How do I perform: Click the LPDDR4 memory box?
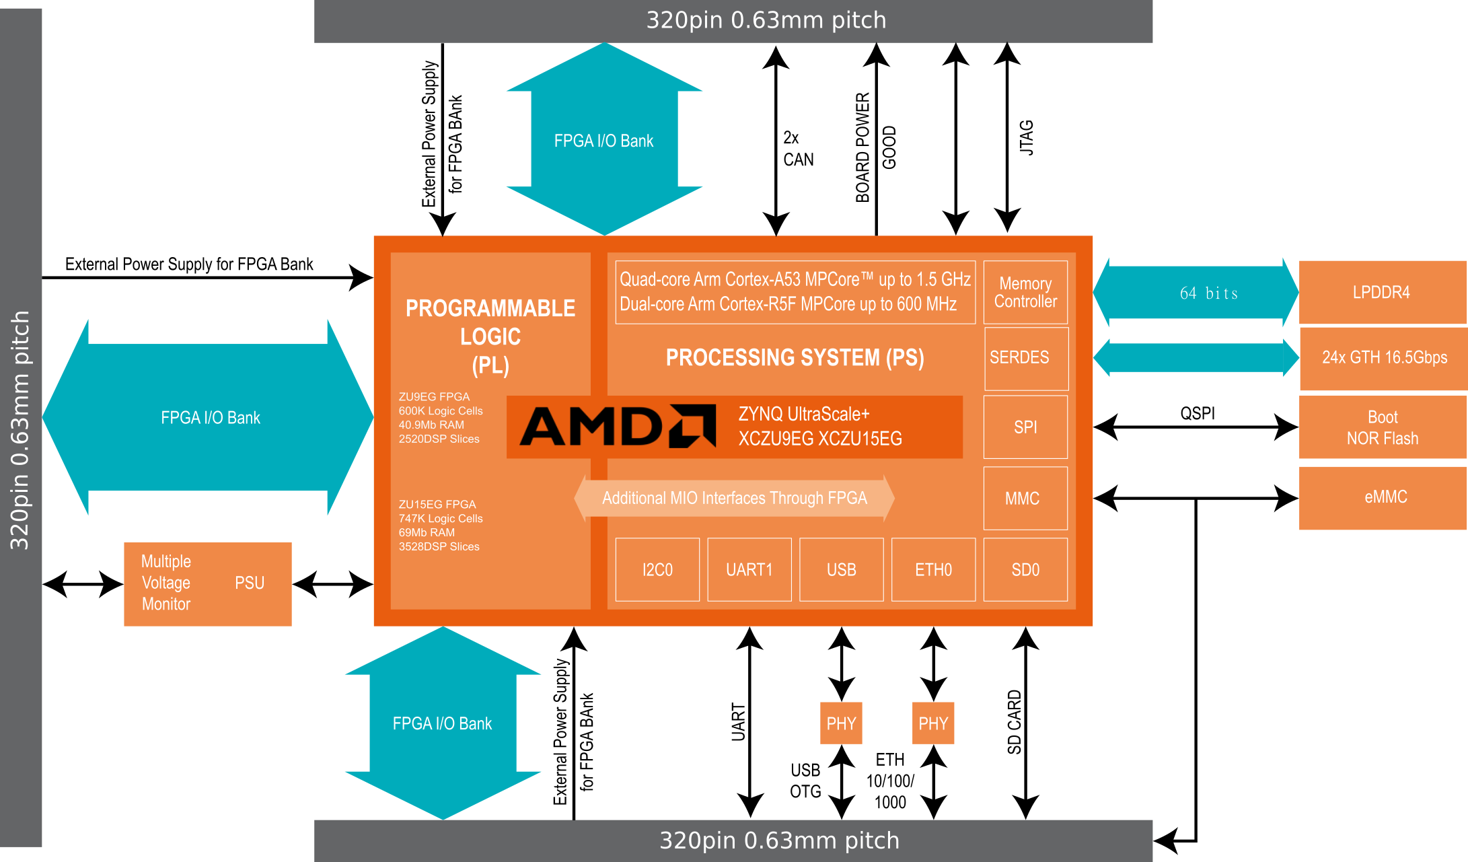tap(1382, 292)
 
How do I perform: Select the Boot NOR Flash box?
tap(1382, 427)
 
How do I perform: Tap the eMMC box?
tap(1382, 498)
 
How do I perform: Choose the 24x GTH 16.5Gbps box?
tap(1383, 357)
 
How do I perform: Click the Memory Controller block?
tap(1025, 292)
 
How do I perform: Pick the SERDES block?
tap(1026, 359)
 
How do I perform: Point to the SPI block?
tap(1025, 427)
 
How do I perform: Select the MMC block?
tap(1025, 499)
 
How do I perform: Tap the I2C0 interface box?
tap(657, 570)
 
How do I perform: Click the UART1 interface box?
tap(749, 570)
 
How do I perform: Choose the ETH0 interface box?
tap(933, 570)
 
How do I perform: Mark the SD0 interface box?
tap(1025, 570)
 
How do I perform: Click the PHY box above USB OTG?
tap(841, 723)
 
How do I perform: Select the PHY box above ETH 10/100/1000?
tap(933, 723)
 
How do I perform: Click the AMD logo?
tap(618, 426)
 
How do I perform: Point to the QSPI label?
tap(1198, 413)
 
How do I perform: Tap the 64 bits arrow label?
tap(1208, 293)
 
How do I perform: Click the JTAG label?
tap(1027, 138)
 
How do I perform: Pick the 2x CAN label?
tap(799, 149)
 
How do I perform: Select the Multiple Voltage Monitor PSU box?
tap(208, 584)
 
